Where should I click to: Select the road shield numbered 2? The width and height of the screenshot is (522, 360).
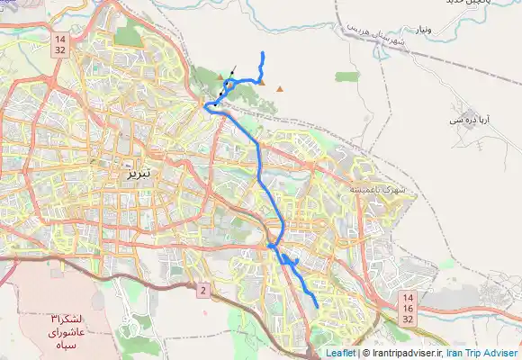pyautogui.click(x=203, y=290)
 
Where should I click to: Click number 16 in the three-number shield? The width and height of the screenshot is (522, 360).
pyautogui.click(x=408, y=308)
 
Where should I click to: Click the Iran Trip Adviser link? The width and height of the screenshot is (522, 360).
pyautogui.click(x=483, y=353)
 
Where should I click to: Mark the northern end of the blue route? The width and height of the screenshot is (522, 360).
pyautogui.click(x=262, y=54)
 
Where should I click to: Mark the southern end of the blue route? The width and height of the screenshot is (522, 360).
pyautogui.click(x=317, y=306)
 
